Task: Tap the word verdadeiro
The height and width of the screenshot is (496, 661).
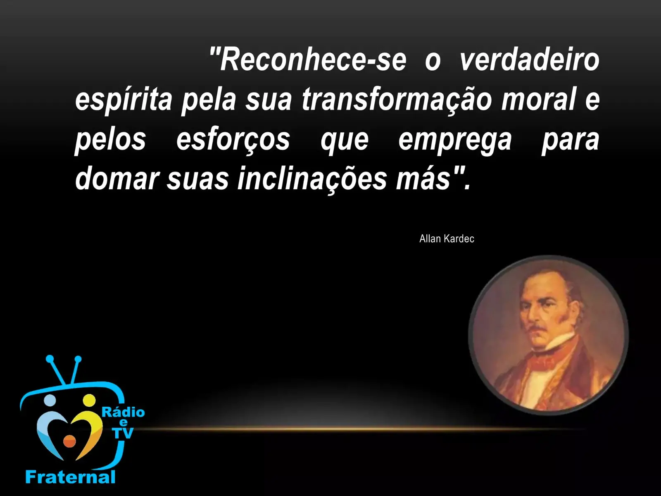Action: pos(530,60)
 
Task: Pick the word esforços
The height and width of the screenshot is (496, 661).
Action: pos(233,140)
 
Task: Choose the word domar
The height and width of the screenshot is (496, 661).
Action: pos(117,179)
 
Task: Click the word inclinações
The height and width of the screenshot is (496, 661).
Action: pos(312,179)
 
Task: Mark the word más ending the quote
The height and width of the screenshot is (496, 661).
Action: pos(423,179)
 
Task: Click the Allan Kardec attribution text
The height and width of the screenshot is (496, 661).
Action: pos(447,239)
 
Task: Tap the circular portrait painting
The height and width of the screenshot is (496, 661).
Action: pos(548,335)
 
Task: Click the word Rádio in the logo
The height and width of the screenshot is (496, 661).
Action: pos(123,412)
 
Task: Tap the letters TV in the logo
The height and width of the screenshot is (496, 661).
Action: pos(123,433)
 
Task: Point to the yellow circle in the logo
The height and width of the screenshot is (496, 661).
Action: pos(89,401)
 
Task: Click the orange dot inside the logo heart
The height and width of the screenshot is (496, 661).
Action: pos(69,441)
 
